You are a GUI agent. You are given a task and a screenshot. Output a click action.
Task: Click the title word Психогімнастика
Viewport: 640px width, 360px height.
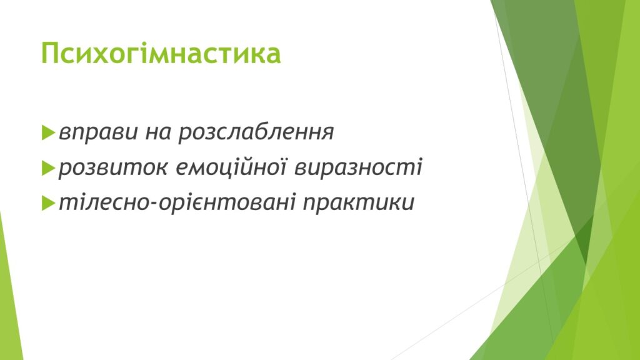point(161,54)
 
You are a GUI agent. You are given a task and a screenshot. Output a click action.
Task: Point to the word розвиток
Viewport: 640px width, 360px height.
point(113,168)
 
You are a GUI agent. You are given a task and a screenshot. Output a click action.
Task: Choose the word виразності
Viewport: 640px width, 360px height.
point(359,167)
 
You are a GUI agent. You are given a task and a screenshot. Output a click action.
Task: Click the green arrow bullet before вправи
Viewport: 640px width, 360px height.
point(48,133)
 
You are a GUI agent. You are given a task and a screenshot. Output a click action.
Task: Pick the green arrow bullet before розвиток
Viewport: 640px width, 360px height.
point(48,168)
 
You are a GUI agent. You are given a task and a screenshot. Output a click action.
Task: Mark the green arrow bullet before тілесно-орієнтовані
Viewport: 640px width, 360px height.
point(48,203)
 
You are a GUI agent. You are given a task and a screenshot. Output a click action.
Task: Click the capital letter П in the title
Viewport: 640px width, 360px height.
point(51,54)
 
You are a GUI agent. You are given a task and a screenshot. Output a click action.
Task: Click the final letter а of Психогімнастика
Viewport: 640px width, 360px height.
point(274,56)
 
